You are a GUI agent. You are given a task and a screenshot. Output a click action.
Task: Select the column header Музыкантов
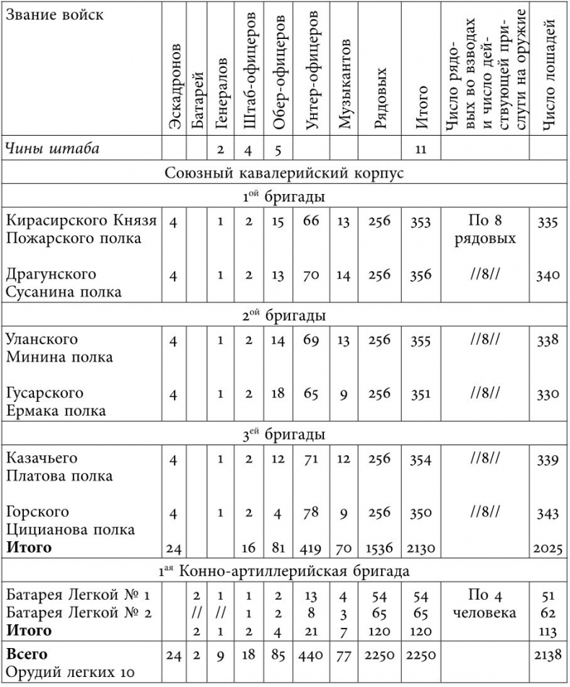point(345,90)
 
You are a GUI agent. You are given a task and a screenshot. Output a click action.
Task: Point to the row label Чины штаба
point(53,149)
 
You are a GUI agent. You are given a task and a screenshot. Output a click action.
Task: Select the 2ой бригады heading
point(284,315)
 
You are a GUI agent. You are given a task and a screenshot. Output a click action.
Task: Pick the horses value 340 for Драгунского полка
point(548,275)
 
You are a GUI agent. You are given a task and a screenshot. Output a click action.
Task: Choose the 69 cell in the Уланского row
point(311,340)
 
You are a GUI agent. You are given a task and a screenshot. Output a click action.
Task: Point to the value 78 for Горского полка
point(311,512)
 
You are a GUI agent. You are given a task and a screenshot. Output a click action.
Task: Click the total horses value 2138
point(547,655)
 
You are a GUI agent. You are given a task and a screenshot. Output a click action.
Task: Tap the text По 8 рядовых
point(484,229)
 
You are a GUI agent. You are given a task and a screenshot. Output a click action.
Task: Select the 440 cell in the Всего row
point(311,655)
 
